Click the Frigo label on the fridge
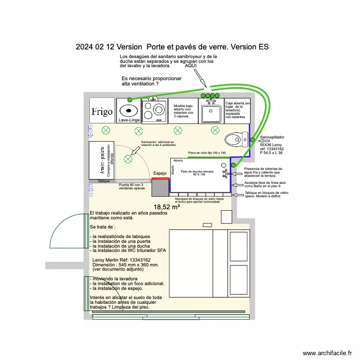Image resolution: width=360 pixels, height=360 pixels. [x=102, y=112]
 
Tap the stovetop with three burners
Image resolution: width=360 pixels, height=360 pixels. [x=155, y=111]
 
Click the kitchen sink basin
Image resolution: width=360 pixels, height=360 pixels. [x=210, y=113]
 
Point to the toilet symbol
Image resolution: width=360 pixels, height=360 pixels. [x=237, y=140]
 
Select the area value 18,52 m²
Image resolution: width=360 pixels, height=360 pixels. [x=167, y=207]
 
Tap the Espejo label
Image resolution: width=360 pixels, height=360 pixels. [x=160, y=173]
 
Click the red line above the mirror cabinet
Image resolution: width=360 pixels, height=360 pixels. [x=161, y=178]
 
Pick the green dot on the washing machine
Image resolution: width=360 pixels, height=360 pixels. [x=130, y=99]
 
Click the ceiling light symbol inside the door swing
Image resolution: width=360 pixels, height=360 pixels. [x=128, y=159]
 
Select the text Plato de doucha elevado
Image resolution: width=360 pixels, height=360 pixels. [x=197, y=171]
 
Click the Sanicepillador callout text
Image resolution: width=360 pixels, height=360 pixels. [x=273, y=137]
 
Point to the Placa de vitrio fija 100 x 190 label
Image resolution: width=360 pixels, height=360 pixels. [x=206, y=153]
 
